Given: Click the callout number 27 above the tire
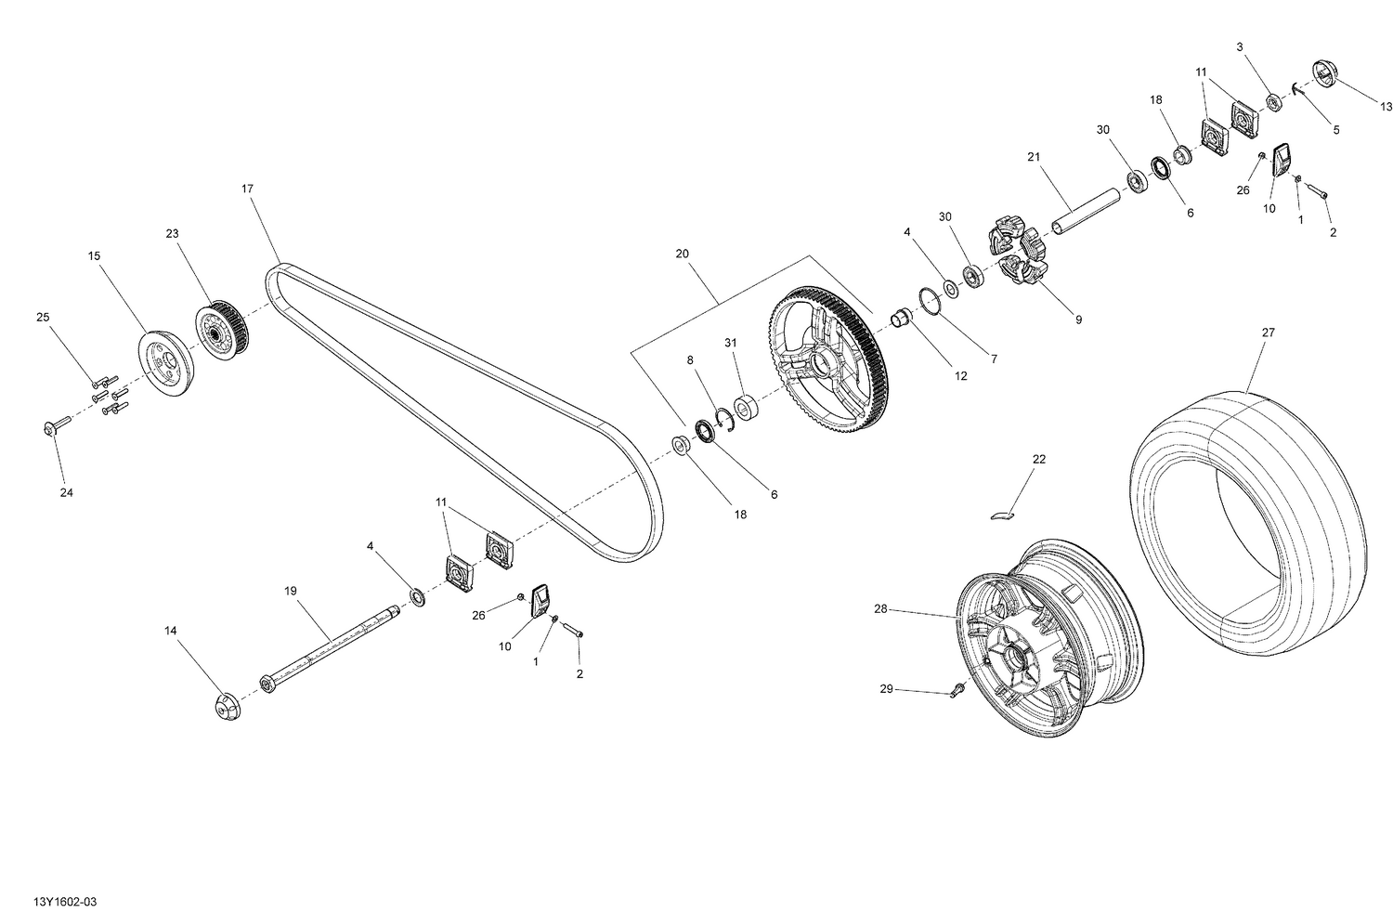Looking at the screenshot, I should tap(1269, 332).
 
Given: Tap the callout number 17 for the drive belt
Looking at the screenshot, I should tap(247, 189).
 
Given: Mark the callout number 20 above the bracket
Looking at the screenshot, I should tap(683, 254).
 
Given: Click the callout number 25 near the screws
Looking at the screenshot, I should tap(43, 318).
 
